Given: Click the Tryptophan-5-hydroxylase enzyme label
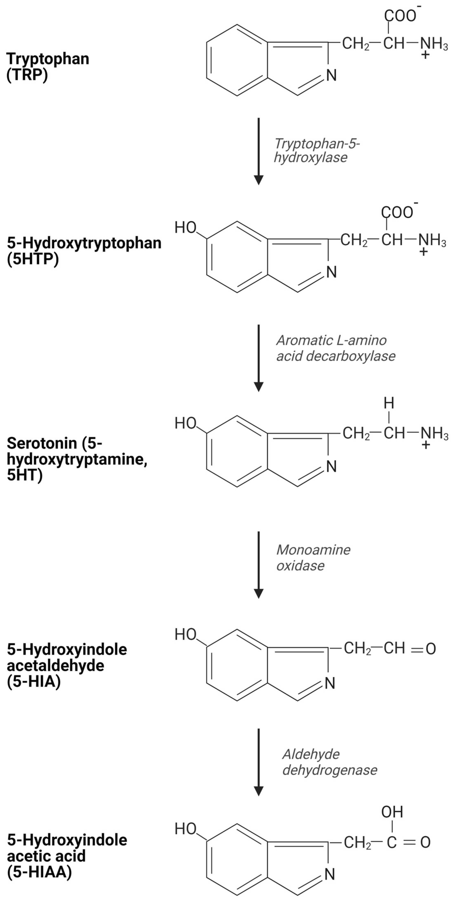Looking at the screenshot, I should pyautogui.click(x=316, y=150).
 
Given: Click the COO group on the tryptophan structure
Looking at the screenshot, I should pyautogui.click(x=400, y=16).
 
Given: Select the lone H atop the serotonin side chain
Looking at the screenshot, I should pyautogui.click(x=389, y=403).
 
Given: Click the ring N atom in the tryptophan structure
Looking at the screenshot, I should pyautogui.click(x=331, y=75).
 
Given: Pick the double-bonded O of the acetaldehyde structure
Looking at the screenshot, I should pyautogui.click(x=431, y=649).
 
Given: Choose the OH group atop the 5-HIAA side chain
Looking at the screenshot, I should pyautogui.click(x=392, y=812).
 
